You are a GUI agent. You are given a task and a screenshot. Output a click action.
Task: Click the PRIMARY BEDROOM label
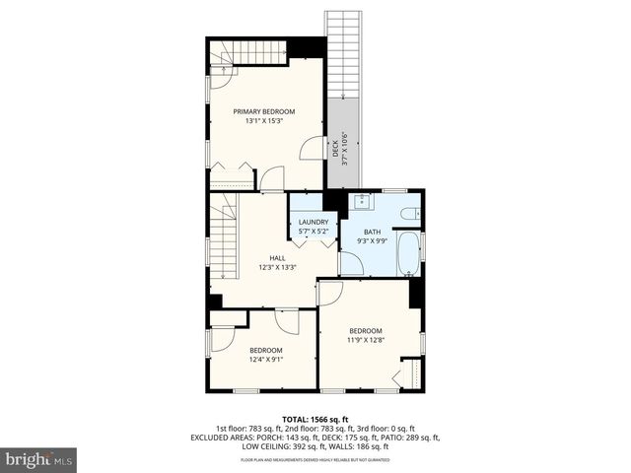(263, 111)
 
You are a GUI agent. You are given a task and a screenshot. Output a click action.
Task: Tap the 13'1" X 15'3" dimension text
(263, 121)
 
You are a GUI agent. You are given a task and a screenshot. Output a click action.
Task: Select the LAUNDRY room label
(314, 222)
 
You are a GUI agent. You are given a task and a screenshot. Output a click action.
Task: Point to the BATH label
(371, 233)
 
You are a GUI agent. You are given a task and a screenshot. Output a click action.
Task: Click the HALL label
(278, 257)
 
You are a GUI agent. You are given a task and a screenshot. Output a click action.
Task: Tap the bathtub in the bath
(408, 253)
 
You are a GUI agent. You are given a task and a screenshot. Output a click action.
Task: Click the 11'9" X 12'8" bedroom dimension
(365, 340)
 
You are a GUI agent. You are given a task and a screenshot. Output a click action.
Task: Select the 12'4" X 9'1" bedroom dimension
(265, 360)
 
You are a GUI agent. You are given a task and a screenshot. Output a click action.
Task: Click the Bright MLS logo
(39, 458)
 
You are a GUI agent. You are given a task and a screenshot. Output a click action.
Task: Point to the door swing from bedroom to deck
(312, 148)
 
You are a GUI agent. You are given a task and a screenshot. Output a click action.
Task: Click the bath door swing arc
(350, 263)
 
